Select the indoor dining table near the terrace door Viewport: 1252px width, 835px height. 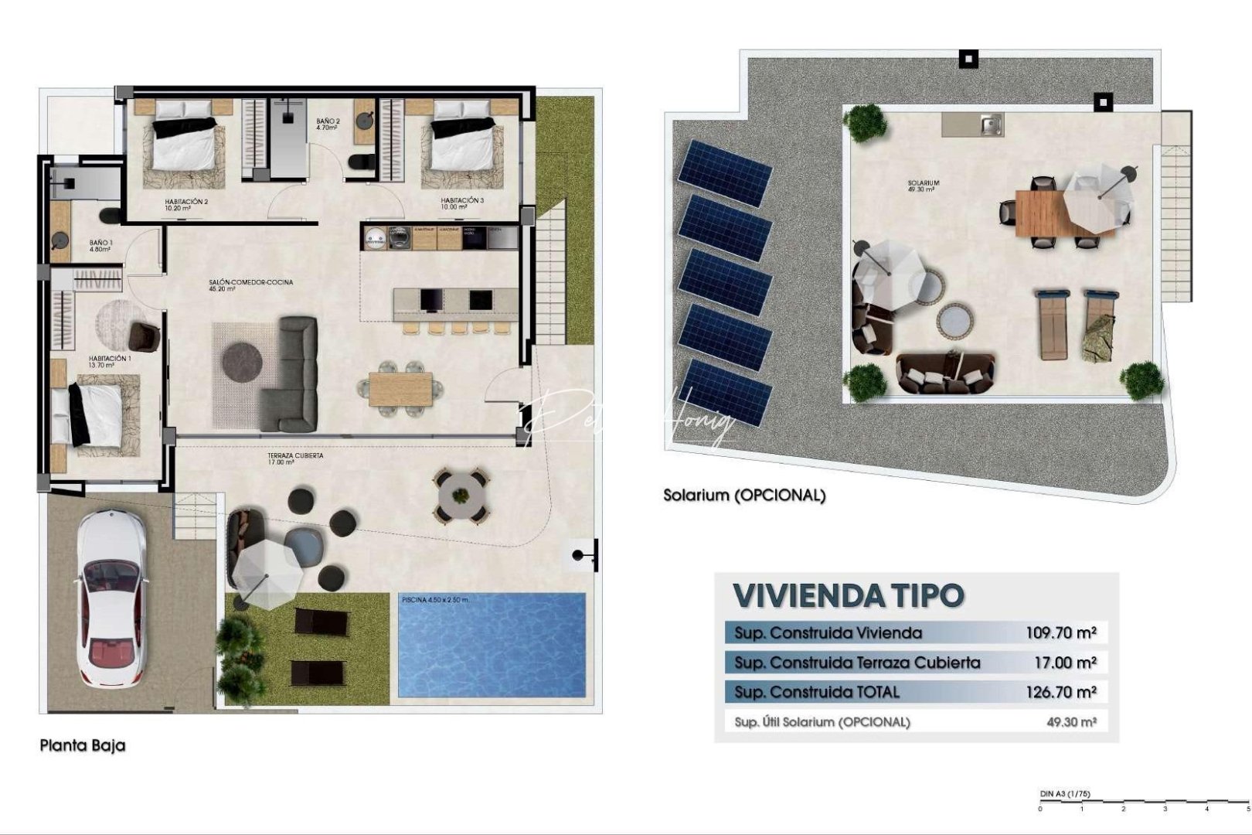(x=400, y=388)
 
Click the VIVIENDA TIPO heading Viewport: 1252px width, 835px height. (x=849, y=595)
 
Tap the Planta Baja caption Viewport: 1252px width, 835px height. (x=83, y=746)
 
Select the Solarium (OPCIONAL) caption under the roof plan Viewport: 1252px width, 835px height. (x=744, y=496)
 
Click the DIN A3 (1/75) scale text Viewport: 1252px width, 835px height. (x=1064, y=794)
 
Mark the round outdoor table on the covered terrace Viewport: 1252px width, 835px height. (x=461, y=493)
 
